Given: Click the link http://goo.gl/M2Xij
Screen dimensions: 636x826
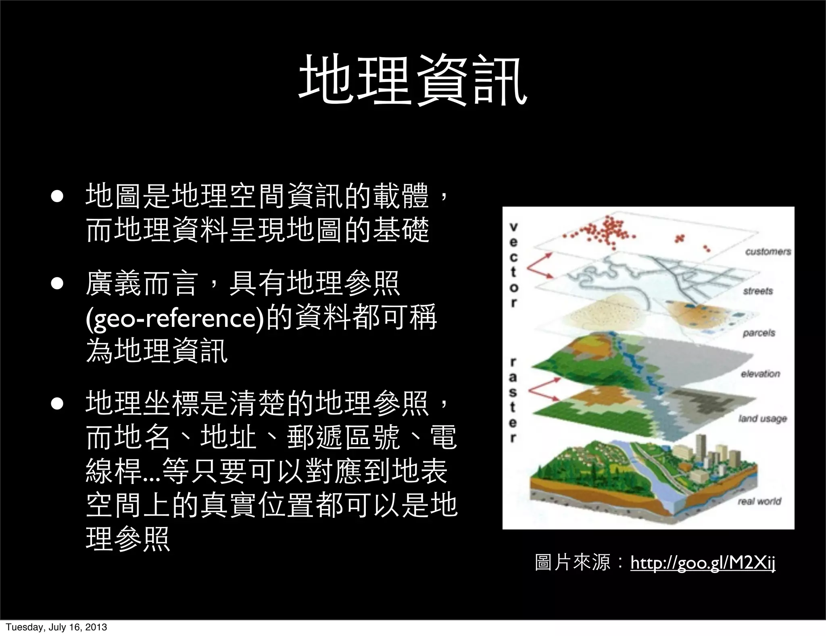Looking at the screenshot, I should pyautogui.click(x=703, y=562).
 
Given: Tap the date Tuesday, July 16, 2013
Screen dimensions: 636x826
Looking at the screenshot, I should pyautogui.click(x=56, y=627).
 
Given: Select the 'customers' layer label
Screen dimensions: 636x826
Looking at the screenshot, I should pyautogui.click(x=768, y=252).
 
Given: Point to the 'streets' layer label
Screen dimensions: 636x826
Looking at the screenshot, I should pyautogui.click(x=758, y=291).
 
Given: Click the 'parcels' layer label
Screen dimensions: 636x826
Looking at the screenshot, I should pyautogui.click(x=759, y=333).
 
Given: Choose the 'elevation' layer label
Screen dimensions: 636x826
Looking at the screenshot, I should pyautogui.click(x=760, y=374).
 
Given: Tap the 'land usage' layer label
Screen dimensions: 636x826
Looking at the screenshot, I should pyautogui.click(x=762, y=418).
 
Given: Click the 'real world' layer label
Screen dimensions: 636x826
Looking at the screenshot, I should pyautogui.click(x=759, y=501).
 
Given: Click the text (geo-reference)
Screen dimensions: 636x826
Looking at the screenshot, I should pyautogui.click(x=176, y=318).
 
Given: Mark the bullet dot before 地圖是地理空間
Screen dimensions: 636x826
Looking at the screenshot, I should pyautogui.click(x=57, y=196).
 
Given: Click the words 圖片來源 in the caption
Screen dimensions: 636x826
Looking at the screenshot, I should pyautogui.click(x=572, y=562).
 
